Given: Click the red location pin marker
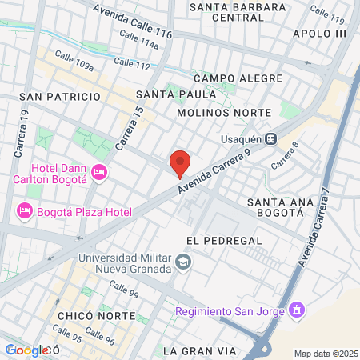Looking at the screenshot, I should [180, 162].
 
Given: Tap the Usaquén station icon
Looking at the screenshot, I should [271, 138].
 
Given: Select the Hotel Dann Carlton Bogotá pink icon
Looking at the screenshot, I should [99, 172].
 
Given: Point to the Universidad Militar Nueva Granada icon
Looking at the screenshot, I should [183, 262].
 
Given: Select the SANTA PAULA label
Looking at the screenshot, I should [176, 94].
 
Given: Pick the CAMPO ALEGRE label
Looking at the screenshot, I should [238, 78].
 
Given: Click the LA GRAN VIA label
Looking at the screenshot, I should [199, 350].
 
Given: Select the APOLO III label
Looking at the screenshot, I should [320, 34].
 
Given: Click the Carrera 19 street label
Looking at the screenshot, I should [24, 134].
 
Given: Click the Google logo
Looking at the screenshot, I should [26, 350].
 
